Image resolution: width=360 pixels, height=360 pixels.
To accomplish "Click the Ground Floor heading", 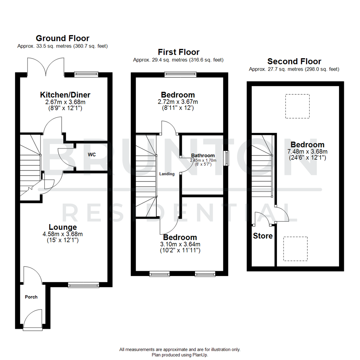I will point(62,38).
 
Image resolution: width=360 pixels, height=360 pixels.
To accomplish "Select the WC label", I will point(92,155).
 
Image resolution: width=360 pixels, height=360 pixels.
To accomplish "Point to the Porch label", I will point(31,297).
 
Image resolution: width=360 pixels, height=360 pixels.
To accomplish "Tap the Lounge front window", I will point(83,285).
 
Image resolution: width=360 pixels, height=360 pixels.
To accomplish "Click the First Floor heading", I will point(179,52).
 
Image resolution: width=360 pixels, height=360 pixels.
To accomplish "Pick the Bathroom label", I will point(203,155).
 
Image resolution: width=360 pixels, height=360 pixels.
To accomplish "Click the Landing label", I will point(167,174).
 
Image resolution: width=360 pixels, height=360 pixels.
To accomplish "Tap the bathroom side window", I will point(227,158).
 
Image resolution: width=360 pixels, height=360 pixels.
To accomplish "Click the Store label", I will point(263,236).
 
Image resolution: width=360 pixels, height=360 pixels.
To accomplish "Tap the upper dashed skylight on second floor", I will point(297,106).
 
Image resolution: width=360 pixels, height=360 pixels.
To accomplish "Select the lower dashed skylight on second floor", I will point(295,249).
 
